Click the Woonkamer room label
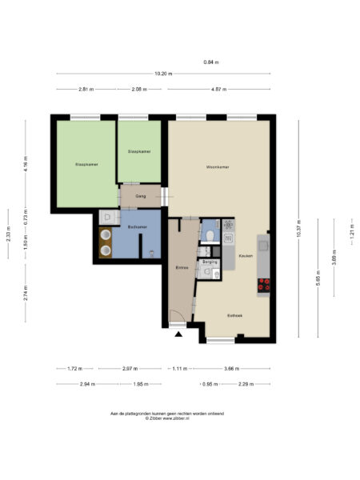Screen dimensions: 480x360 point(218,167)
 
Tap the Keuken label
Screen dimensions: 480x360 point(246,255)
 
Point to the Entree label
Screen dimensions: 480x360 point(181,267)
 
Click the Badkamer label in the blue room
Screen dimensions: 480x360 point(138,227)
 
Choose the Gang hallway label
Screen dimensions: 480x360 point(139,195)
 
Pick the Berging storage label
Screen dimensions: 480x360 point(210,262)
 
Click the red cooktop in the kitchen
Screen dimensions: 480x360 point(262,283)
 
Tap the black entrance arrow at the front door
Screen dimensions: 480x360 point(178,335)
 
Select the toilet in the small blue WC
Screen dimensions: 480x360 point(209,235)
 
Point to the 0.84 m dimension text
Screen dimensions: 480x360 point(211,62)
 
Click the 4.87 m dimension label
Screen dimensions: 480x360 point(220,89)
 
